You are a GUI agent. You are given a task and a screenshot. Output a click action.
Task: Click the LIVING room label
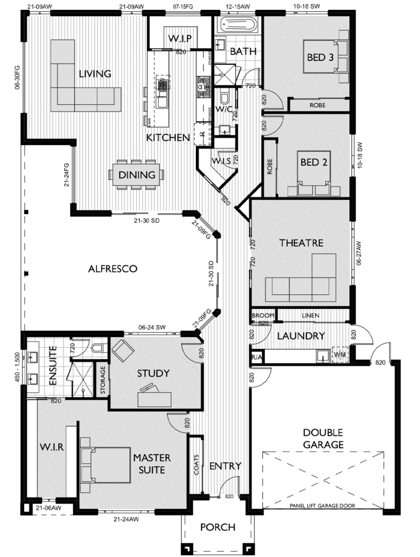coord(95,74)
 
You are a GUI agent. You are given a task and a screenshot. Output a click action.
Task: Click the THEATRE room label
coord(301,243)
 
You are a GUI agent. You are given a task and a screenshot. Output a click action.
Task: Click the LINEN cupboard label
coord(311,315)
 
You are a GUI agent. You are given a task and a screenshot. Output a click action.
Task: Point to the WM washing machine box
coord(340,355)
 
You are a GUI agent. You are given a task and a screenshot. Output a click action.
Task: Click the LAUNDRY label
coord(301,336)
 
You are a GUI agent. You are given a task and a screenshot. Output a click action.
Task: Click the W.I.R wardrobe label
coord(52,448)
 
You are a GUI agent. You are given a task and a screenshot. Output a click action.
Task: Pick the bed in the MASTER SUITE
coord(106,465)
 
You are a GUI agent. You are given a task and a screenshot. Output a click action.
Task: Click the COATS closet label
coord(196,465)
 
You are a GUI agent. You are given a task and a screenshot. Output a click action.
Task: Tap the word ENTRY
coord(225,466)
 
